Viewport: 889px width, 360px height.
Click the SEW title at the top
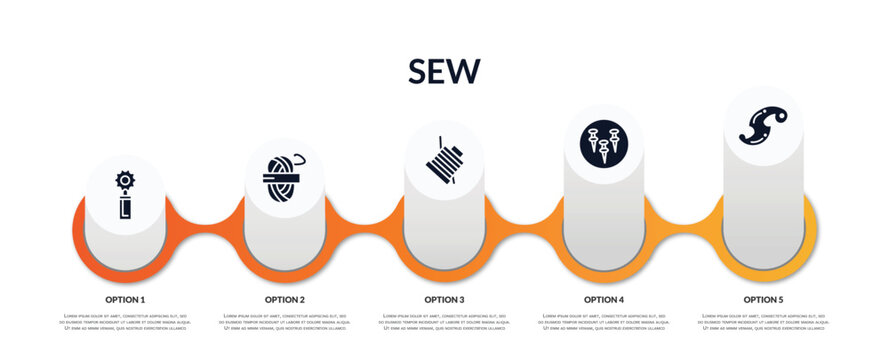pos(444,71)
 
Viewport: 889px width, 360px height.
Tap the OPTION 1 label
pos(125,299)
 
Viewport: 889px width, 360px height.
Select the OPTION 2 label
pos(285,299)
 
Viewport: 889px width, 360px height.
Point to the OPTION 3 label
pos(444,299)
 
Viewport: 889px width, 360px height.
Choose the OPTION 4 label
pos(604,299)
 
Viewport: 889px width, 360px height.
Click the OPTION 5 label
pos(763,299)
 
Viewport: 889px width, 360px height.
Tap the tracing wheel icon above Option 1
pos(125,194)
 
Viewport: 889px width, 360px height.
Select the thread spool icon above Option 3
pos(444,158)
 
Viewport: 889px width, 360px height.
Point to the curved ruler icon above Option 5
pos(763,125)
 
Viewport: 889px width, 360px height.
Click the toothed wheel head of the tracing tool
pos(125,181)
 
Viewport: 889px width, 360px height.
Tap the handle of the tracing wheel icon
pos(125,208)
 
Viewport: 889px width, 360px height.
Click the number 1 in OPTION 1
pos(142,299)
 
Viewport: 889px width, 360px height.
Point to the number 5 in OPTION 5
pos(781,299)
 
